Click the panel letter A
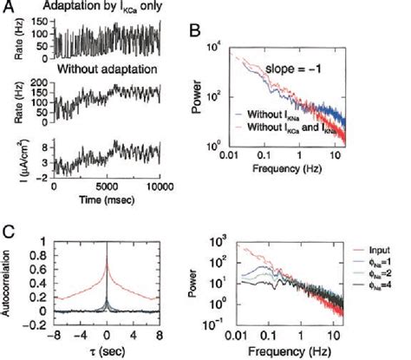[x=10, y=9]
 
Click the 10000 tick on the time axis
[x=157, y=186]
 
